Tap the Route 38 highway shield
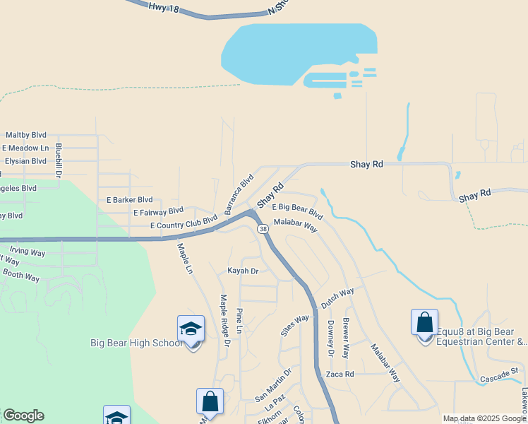(x=263, y=230)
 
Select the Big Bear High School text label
(x=136, y=343)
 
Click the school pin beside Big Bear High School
(x=191, y=330)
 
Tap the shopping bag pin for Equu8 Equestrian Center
(x=424, y=323)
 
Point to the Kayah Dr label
(x=243, y=271)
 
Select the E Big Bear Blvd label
(x=297, y=210)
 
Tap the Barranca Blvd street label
(x=239, y=194)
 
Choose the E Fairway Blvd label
(x=158, y=211)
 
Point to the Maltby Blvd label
(x=26, y=135)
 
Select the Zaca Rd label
(x=340, y=374)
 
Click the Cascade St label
(x=499, y=375)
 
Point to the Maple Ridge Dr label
(x=225, y=321)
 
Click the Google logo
(x=24, y=416)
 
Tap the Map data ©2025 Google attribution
(x=484, y=418)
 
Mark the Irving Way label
(x=28, y=252)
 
